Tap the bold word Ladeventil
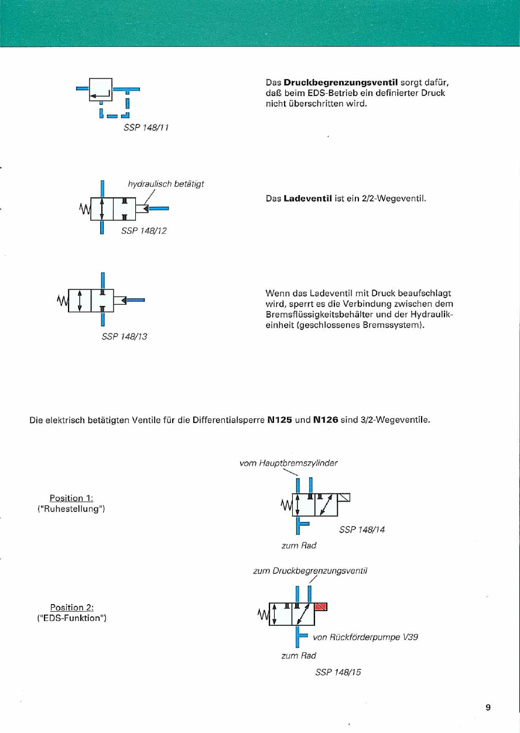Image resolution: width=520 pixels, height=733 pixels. point(308,199)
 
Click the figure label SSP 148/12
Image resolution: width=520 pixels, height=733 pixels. point(143,231)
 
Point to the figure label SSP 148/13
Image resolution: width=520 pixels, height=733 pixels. point(124,336)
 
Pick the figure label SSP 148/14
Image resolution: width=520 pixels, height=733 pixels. point(362,530)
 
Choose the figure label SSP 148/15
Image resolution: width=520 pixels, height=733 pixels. point(338,672)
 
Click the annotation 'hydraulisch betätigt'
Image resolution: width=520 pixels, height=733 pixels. point(166,183)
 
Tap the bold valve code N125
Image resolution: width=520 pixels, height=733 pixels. point(280,420)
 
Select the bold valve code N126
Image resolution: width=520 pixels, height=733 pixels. point(326,420)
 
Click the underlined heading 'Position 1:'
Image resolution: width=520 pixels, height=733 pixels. point(71,498)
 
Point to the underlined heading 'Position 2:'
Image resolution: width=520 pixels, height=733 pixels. point(72,607)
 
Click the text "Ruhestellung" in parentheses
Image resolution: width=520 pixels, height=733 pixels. point(70,509)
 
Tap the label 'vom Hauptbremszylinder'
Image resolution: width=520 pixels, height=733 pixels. point(289,463)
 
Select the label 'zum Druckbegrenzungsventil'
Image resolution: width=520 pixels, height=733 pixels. point(310,570)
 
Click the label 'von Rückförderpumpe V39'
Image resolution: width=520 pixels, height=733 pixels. point(365,637)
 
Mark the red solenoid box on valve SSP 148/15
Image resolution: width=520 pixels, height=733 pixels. point(321,606)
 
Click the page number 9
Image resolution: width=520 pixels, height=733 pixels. point(488,707)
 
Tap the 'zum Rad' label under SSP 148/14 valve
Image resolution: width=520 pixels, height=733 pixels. point(299,546)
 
